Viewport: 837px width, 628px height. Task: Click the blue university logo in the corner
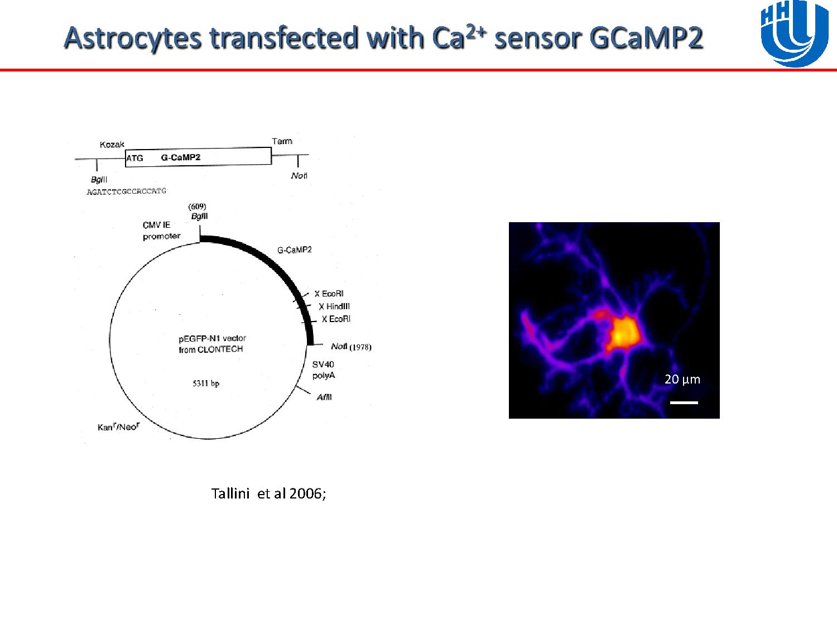pyautogui.click(x=795, y=33)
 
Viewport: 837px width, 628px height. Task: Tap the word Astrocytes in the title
pyautogui.click(x=133, y=38)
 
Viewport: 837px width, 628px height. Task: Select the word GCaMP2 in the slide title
pyautogui.click(x=646, y=38)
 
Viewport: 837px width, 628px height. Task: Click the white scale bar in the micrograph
pyautogui.click(x=684, y=402)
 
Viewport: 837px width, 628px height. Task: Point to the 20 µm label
pyautogui.click(x=682, y=380)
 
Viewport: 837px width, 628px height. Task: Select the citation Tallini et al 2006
pyautogui.click(x=268, y=493)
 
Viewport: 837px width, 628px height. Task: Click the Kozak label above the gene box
pyautogui.click(x=112, y=145)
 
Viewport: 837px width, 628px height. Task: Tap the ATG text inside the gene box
pyautogui.click(x=134, y=158)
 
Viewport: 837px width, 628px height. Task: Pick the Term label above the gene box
pyautogui.click(x=282, y=141)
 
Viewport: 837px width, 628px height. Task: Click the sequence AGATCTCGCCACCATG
pyautogui.click(x=127, y=191)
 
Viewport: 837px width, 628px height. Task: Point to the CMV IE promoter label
pyautogui.click(x=161, y=231)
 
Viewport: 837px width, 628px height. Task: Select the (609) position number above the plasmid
pyautogui.click(x=197, y=207)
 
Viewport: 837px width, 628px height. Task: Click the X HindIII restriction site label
pyautogui.click(x=334, y=306)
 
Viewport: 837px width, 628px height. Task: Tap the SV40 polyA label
pyautogui.click(x=323, y=370)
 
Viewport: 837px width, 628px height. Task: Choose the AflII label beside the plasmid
pyautogui.click(x=324, y=397)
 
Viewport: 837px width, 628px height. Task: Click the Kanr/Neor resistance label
pyautogui.click(x=119, y=426)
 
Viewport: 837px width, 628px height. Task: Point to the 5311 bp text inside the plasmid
pyautogui.click(x=206, y=383)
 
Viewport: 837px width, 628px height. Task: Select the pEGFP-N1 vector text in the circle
pyautogui.click(x=213, y=338)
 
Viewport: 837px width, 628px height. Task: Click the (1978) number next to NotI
pyautogui.click(x=360, y=347)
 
